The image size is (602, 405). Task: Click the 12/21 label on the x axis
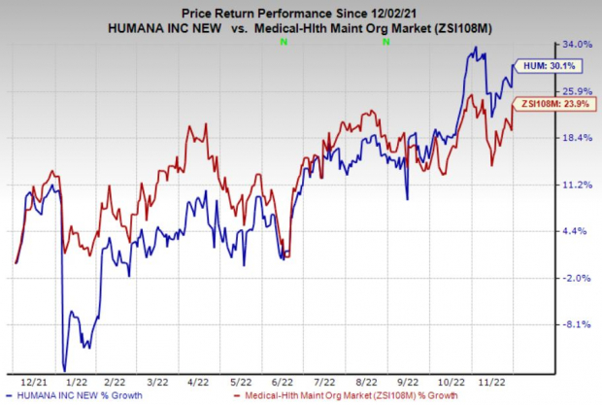pyautogui.click(x=30, y=382)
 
